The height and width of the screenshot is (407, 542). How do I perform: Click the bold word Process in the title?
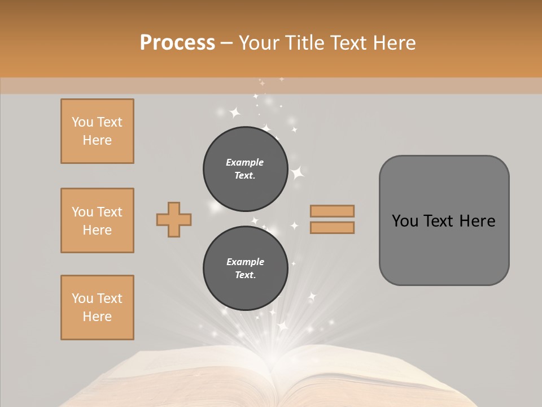pos(177,43)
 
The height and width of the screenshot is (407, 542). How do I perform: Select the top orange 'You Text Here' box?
pos(97,131)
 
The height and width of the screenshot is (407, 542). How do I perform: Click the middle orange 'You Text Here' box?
pos(97,220)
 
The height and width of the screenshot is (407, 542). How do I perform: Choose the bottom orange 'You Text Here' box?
pos(97,308)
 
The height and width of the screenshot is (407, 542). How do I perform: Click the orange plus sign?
pos(174,220)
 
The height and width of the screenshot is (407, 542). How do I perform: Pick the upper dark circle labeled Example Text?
pos(246,169)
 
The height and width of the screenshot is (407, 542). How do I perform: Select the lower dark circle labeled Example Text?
pos(246,269)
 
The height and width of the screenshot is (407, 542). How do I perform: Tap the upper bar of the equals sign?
pos(332,211)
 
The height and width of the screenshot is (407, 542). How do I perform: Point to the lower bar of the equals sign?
pos(332,227)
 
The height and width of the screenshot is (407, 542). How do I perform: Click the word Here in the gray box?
pos(477,221)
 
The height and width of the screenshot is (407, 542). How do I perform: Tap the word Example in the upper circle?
pos(244,162)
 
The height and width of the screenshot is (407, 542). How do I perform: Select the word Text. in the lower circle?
pos(245,275)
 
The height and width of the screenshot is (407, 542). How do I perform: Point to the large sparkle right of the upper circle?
pos(297,172)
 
